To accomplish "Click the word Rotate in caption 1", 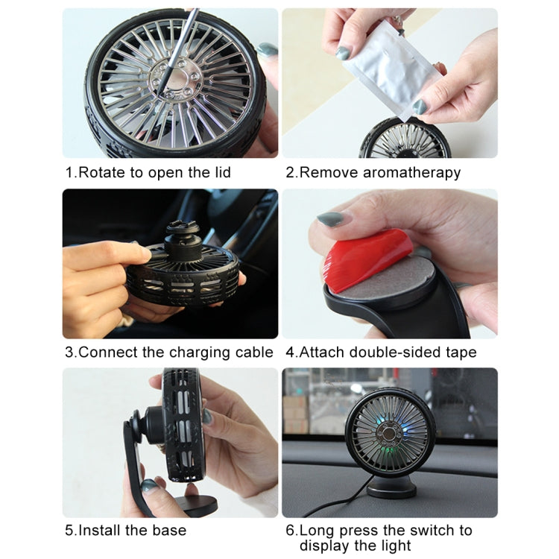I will pos(102,173).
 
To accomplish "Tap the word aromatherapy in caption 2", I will pos(411,173).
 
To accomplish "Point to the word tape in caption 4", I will pos(461,353).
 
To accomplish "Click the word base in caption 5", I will pos(168,531).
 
